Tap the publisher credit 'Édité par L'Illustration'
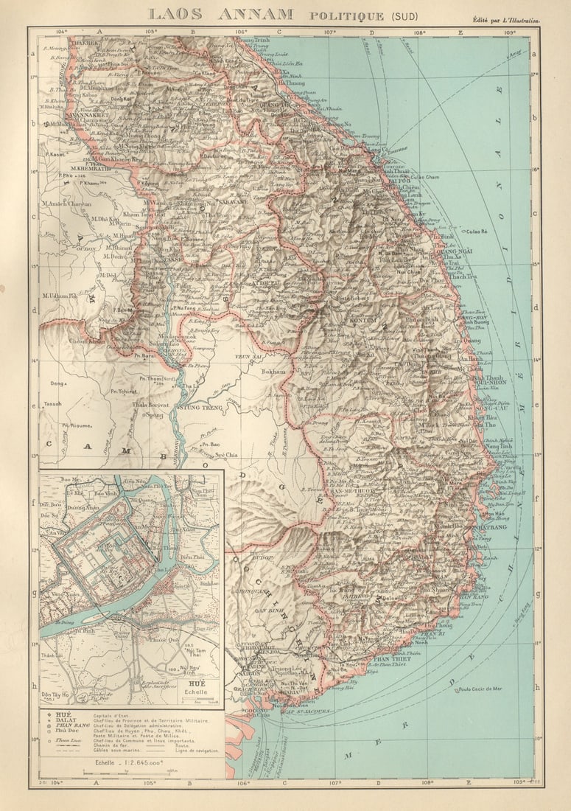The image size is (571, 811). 508,21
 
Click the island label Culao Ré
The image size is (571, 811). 475,232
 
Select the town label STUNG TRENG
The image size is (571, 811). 200,407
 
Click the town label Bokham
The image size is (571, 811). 274,372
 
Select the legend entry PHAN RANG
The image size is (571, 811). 69,726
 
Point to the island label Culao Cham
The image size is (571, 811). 424,177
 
